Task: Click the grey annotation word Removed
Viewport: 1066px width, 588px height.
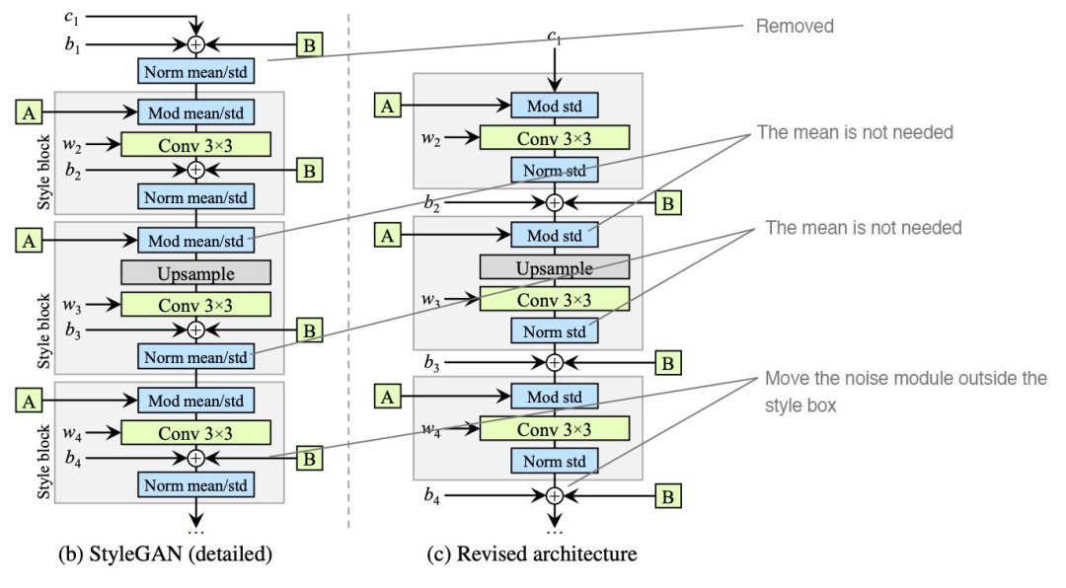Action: (x=796, y=28)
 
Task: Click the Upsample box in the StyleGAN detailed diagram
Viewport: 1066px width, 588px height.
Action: (x=195, y=270)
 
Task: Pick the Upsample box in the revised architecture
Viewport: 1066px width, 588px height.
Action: (x=554, y=267)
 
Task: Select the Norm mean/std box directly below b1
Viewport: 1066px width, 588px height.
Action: (x=195, y=70)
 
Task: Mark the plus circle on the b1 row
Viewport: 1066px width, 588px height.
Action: (x=195, y=44)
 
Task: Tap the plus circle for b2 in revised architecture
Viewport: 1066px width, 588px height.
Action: (x=555, y=202)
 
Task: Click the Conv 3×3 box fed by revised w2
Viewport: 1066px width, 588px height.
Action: (x=554, y=138)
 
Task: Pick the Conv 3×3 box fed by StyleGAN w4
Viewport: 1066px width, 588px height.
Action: (x=195, y=430)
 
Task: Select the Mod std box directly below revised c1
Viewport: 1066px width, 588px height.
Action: (x=554, y=105)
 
